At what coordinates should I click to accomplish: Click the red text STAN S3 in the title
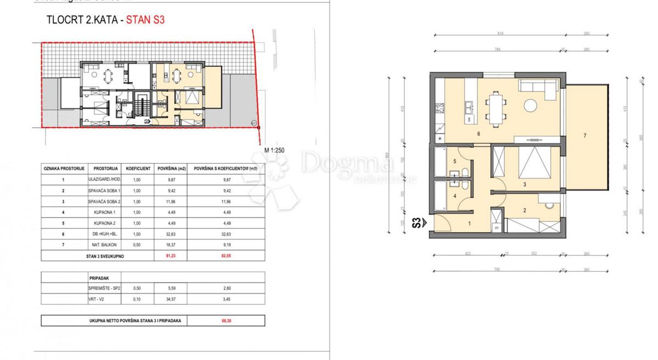[x=145, y=21]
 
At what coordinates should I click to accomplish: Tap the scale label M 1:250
[x=274, y=150]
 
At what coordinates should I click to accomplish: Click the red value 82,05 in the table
[x=225, y=255]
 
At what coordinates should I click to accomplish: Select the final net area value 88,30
[x=225, y=321]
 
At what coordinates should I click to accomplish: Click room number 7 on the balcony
[x=585, y=135]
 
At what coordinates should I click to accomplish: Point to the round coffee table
[x=530, y=105]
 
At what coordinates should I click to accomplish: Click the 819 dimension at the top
[x=500, y=34]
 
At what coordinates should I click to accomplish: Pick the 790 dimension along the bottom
[x=497, y=270]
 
